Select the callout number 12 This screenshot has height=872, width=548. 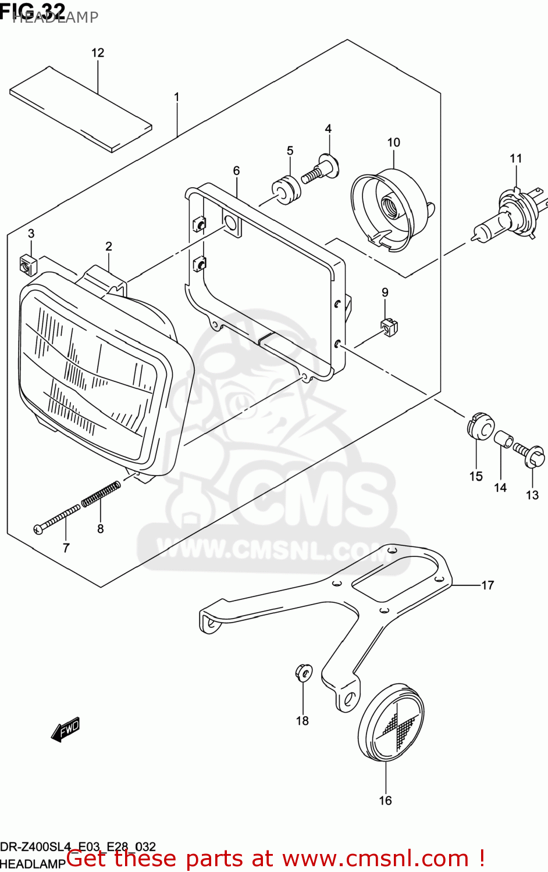pyautogui.click(x=98, y=53)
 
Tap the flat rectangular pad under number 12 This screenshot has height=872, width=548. pyautogui.click(x=81, y=109)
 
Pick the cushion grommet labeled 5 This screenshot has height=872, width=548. pyautogui.click(x=286, y=189)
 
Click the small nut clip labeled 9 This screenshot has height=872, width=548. pyautogui.click(x=389, y=327)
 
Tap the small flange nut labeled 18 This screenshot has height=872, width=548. pyautogui.click(x=303, y=672)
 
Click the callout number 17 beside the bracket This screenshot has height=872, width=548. pyautogui.click(x=487, y=585)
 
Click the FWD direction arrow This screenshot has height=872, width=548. pyautogui.click(x=65, y=730)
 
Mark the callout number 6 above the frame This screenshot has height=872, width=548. pyautogui.click(x=236, y=171)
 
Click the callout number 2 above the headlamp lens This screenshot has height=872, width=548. pyautogui.click(x=109, y=246)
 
